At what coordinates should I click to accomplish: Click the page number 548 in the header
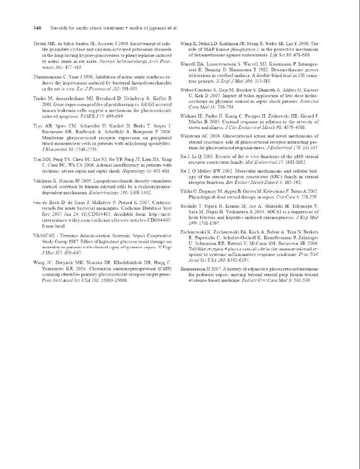37,28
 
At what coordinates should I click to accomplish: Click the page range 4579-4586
294,128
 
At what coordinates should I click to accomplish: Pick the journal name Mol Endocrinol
261,162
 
